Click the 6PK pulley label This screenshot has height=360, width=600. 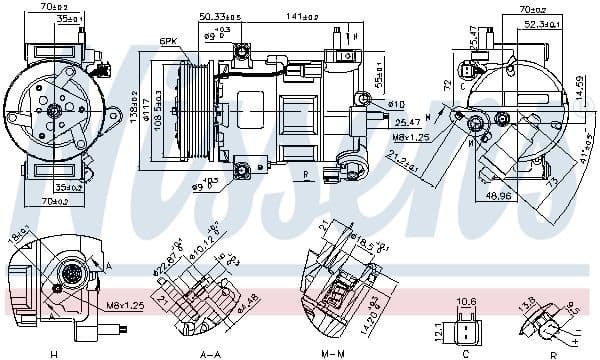[168, 41]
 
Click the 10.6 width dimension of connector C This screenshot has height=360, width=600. [466, 300]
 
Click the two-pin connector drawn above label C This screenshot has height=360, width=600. [467, 327]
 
